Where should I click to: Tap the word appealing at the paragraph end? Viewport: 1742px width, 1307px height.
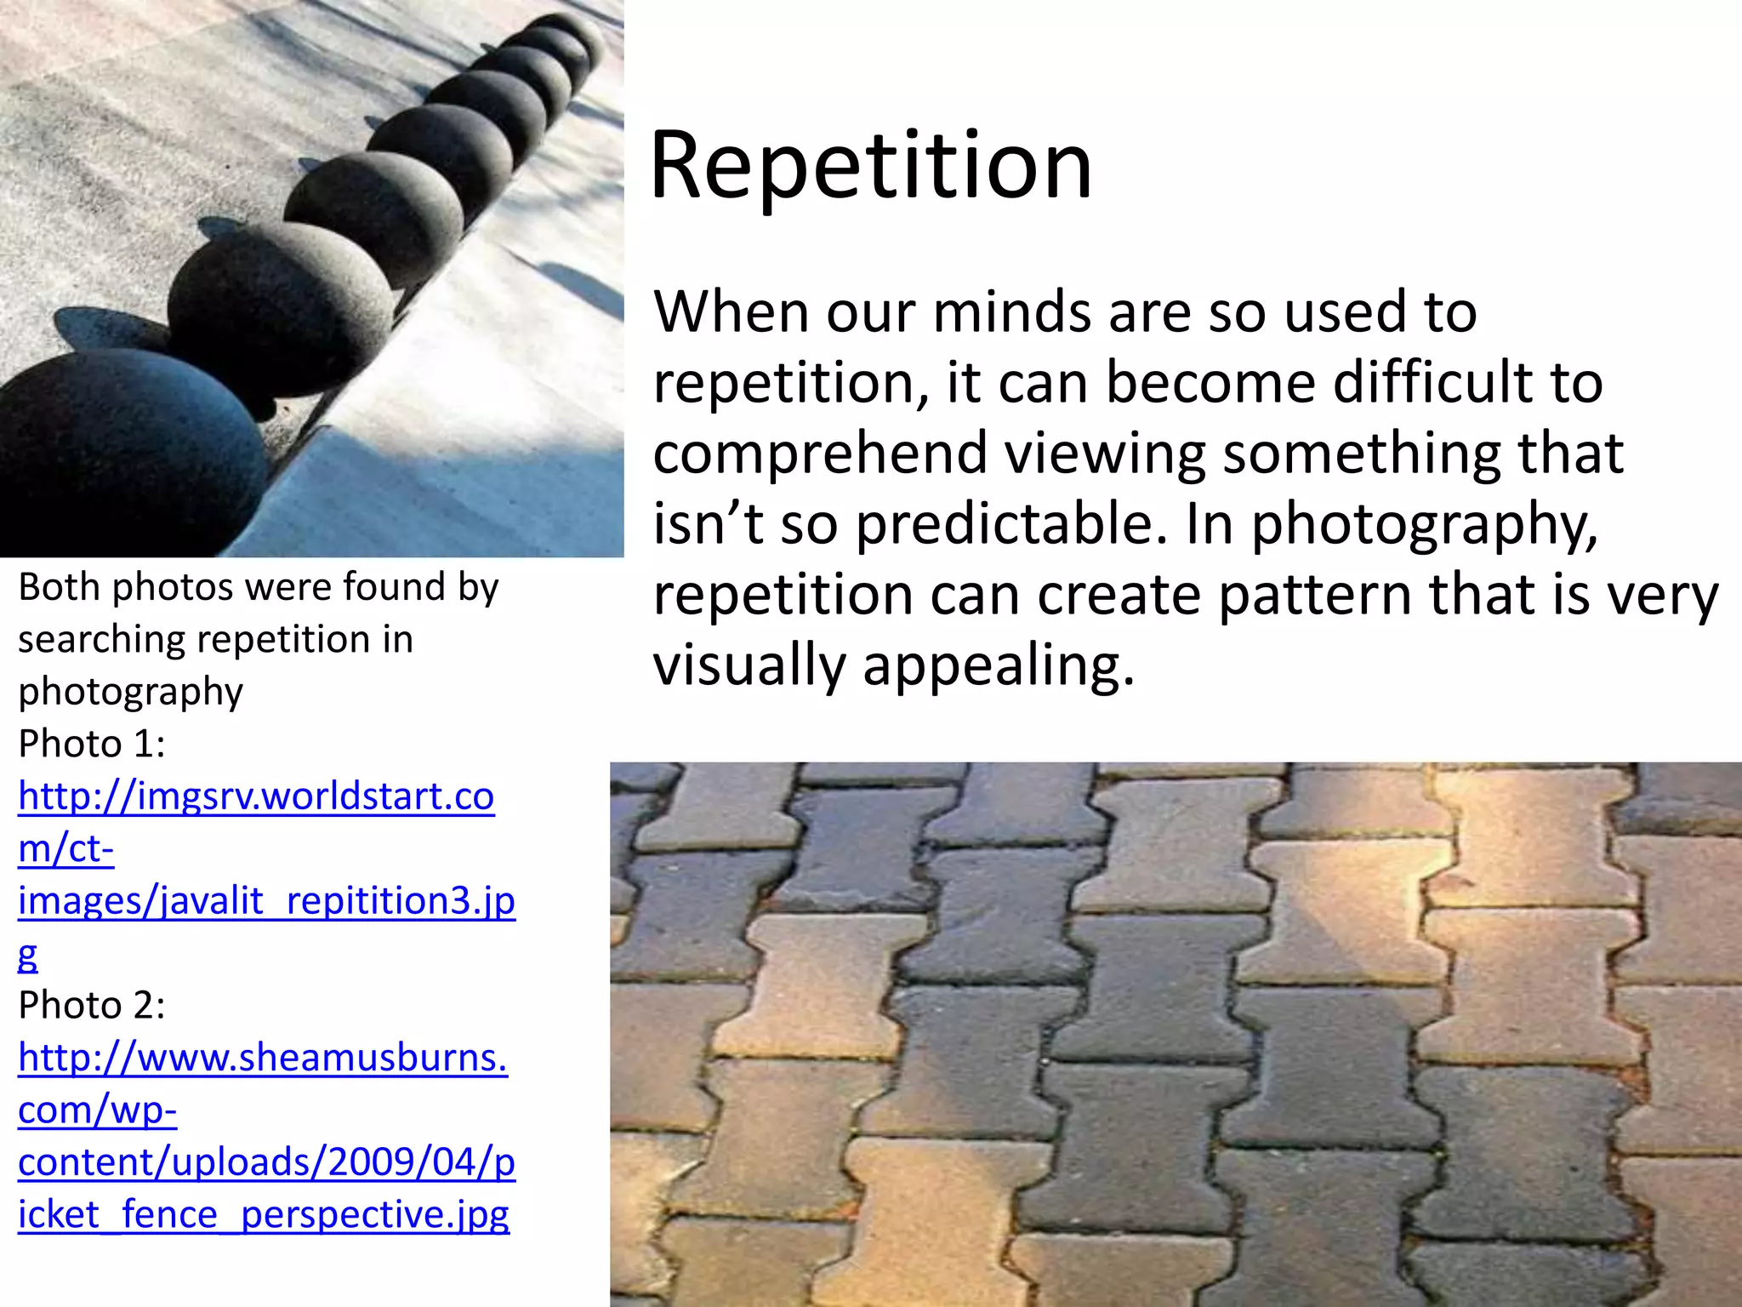click(x=999, y=665)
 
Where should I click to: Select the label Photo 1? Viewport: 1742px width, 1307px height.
click(x=92, y=744)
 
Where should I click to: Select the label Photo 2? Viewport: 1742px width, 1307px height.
click(x=92, y=1005)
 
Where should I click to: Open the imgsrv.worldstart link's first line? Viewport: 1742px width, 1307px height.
click(x=256, y=796)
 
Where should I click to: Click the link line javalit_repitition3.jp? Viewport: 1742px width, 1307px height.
click(x=266, y=901)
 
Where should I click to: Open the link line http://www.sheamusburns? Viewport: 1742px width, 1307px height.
click(x=263, y=1058)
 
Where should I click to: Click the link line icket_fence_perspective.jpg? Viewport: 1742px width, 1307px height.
click(x=264, y=1214)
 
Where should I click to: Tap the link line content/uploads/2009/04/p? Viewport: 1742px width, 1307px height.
click(x=266, y=1162)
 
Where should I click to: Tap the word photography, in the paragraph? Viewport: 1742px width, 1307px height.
click(x=1424, y=523)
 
